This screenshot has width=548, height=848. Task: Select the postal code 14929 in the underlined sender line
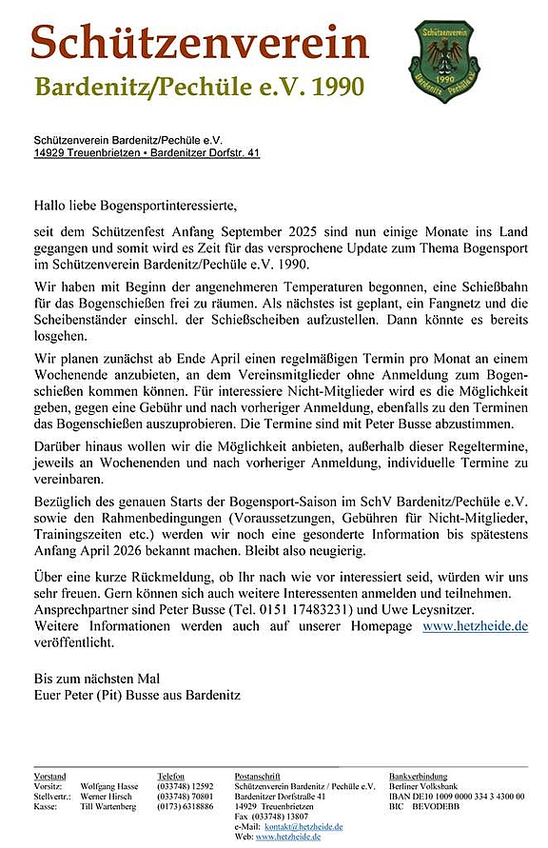click(49, 152)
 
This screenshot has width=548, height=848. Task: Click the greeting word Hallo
click(51, 204)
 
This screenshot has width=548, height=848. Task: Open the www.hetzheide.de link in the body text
click(475, 626)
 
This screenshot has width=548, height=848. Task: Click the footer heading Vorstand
click(49, 777)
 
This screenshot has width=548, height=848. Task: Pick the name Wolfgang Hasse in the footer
click(109, 786)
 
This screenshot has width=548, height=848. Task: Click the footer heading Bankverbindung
click(419, 777)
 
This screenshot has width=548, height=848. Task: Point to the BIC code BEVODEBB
click(438, 806)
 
